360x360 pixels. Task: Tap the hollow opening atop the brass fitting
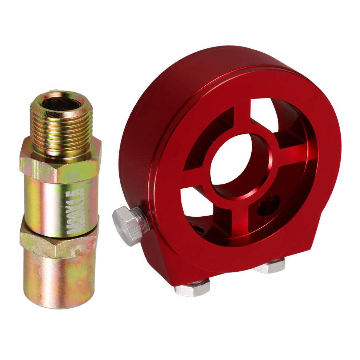(x=62, y=103)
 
